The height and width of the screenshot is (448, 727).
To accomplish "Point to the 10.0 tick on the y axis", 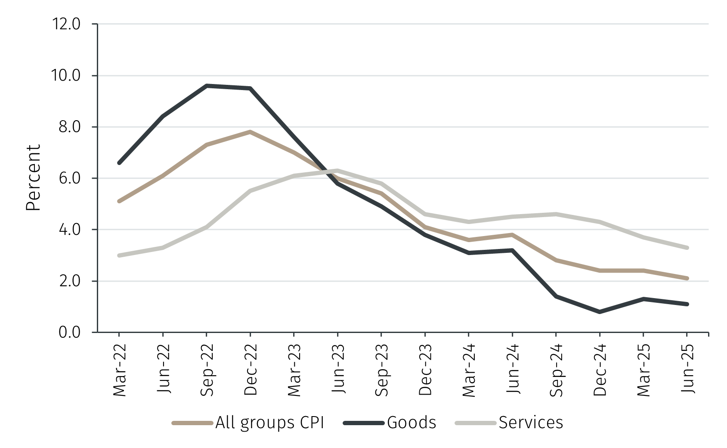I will tap(66, 76).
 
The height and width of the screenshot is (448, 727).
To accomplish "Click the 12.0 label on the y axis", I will tap(66, 24).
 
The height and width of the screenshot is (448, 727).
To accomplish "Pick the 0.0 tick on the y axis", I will tap(69, 333).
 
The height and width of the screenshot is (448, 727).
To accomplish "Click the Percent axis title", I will tap(33, 178).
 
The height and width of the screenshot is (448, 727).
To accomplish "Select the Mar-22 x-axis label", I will tap(119, 370).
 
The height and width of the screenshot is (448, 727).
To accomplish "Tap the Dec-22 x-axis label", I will tap(250, 370).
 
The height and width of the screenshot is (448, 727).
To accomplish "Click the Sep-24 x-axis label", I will tap(556, 370).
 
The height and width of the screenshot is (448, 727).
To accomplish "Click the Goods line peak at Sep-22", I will tap(207, 86).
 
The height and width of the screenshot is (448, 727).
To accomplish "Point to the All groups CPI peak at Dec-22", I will tap(250, 132).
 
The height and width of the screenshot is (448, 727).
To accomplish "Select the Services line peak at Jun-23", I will tap(337, 171).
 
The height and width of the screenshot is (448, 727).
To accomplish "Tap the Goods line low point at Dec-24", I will tap(600, 311).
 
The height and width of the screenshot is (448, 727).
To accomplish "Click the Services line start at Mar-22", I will tap(119, 255).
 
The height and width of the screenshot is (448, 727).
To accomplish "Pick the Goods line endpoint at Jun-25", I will tap(687, 304).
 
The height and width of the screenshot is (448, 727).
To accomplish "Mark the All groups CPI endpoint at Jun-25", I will tap(687, 278).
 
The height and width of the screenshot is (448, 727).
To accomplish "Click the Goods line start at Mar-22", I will tap(119, 163).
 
